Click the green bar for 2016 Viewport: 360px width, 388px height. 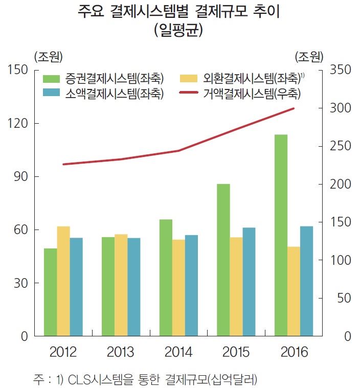click(281, 235)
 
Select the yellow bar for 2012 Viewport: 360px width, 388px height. click(63, 281)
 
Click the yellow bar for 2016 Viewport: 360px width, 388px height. click(294, 291)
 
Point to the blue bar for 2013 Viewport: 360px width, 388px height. click(134, 287)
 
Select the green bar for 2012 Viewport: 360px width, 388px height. click(50, 292)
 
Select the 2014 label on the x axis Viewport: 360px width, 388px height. click(178, 353)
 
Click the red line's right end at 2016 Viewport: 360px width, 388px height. click(294, 108)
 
